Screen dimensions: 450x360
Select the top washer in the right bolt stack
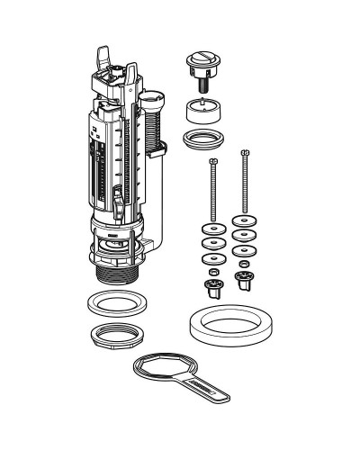point(243,223)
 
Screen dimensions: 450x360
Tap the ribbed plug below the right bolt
point(242,281)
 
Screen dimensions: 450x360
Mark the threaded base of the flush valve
point(115,271)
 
